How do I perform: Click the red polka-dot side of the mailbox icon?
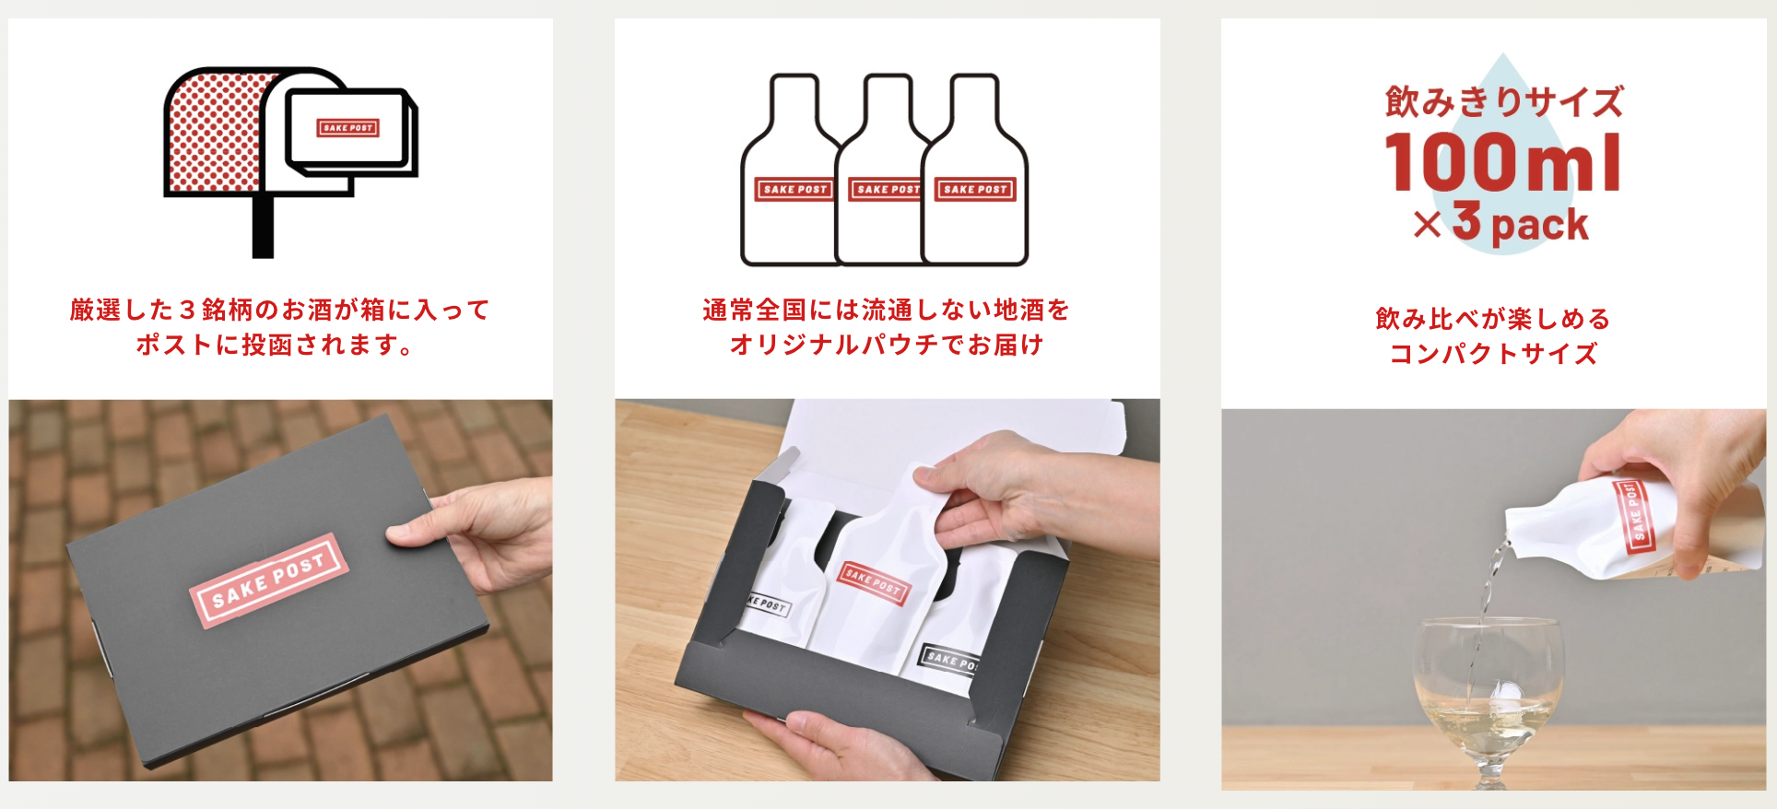pyautogui.click(x=212, y=134)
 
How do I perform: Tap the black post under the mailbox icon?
pyautogui.click(x=263, y=227)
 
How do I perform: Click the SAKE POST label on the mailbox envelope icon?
pyautogui.click(x=347, y=128)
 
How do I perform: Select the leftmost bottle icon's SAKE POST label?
pyautogui.click(x=794, y=189)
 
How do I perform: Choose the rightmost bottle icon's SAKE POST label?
pyautogui.click(x=975, y=189)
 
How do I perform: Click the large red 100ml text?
pyautogui.click(x=1502, y=162)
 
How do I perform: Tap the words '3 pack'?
pyautogui.click(x=1521, y=223)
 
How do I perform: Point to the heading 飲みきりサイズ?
pyautogui.click(x=1504, y=101)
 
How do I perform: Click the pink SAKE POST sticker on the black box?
pyautogui.click(x=268, y=580)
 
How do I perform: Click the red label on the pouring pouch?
pyautogui.click(x=1634, y=516)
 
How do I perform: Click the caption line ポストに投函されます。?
pyautogui.click(x=274, y=345)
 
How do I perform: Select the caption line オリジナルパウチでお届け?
pyautogui.click(x=887, y=345)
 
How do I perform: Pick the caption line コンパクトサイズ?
pyautogui.click(x=1493, y=354)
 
